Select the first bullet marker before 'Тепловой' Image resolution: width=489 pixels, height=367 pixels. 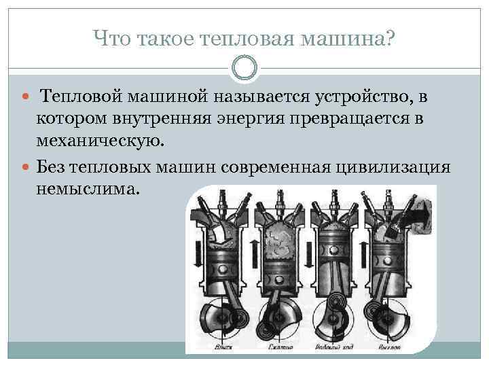coord(25,100)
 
